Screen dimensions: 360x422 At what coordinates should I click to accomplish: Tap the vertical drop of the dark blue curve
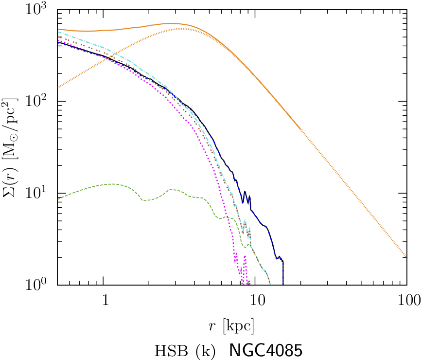tap(283, 272)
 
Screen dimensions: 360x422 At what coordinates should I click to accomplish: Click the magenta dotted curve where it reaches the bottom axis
tap(249, 284)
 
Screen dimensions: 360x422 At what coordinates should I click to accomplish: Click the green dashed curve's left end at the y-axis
tap(58, 198)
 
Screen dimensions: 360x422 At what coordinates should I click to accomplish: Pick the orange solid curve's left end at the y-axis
tap(58, 30)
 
